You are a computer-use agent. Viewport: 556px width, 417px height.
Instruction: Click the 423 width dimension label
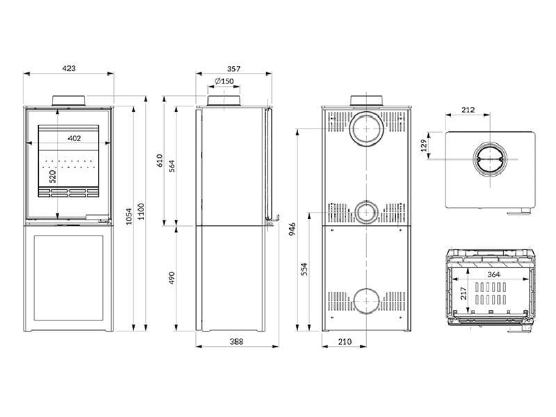click(x=69, y=68)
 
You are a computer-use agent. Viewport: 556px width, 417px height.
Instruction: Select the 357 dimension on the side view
click(x=233, y=68)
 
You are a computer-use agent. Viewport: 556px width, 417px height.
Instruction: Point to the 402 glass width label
click(x=74, y=138)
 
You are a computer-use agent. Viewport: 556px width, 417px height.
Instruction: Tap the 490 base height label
click(x=172, y=277)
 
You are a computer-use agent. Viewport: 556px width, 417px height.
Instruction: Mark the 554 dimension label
click(x=305, y=268)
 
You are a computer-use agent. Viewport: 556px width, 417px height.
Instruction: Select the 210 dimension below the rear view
click(x=345, y=341)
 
